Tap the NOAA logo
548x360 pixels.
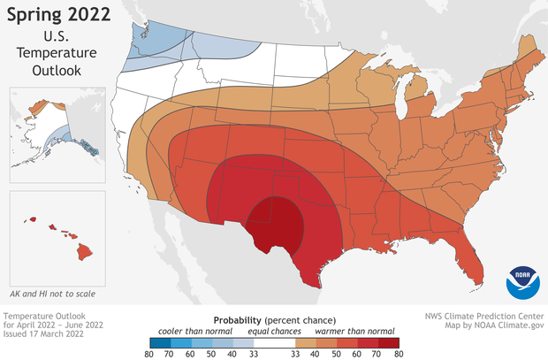(523, 280)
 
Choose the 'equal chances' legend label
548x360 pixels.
(274, 331)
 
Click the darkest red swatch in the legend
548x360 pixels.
(391, 341)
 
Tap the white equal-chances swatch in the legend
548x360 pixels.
(274, 341)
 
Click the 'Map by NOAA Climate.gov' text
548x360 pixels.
(493, 326)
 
